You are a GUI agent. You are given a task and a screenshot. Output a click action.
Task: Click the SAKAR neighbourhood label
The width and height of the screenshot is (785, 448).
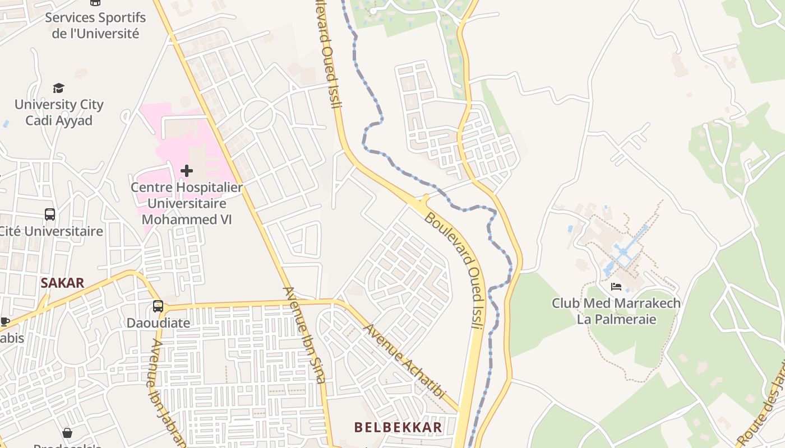coord(62,283)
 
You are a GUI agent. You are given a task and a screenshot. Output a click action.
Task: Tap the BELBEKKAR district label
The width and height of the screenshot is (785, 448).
coord(398,427)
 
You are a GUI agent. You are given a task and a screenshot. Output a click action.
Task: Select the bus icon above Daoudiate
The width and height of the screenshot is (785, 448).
coord(158,306)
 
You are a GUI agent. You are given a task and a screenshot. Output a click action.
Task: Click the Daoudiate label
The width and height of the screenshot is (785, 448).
coord(158,323)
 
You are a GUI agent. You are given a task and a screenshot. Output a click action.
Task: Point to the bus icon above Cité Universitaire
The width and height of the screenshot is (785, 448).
coord(50,214)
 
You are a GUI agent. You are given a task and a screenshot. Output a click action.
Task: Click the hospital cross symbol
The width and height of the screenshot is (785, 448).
coord(187,170)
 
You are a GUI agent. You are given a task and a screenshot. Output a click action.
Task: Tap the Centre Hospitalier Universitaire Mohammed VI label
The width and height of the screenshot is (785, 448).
coord(187,203)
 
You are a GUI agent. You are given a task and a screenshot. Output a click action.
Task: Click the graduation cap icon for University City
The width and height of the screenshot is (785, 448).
coord(58,88)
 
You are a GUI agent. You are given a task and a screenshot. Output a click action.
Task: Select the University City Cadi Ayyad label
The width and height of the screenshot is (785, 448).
coord(59,112)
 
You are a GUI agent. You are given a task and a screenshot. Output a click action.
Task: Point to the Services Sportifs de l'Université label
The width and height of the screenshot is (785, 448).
coord(95,25)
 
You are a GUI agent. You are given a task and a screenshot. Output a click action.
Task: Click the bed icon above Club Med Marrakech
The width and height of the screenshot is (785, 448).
coord(616,287)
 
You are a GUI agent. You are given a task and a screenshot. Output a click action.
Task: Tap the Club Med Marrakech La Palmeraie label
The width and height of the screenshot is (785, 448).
coord(616,311)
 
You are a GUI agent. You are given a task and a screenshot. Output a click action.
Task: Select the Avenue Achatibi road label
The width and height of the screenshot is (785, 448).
coord(404,361)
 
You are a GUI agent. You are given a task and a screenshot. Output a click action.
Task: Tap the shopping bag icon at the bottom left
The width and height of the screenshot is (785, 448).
coord(67,433)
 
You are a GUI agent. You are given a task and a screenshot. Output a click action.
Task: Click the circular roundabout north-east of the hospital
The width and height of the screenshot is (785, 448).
coord(258,115)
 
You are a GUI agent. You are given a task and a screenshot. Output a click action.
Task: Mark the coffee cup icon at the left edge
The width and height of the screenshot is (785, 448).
coord(4,321)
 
